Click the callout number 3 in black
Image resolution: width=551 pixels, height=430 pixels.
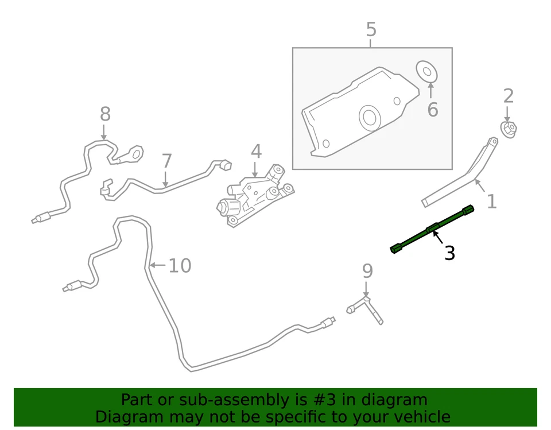coord(450,253)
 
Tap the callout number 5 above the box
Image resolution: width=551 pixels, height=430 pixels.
coord(371,29)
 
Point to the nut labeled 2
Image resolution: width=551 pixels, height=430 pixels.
coord(509,129)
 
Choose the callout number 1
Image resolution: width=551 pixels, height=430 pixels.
coord(491,201)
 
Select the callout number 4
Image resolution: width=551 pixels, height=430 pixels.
coord(256,152)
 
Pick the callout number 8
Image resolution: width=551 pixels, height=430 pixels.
coord(104,114)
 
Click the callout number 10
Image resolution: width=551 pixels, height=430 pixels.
coord(180,266)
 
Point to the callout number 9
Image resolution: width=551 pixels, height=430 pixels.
coord(367,271)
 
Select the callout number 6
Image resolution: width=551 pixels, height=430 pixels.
coord(432,109)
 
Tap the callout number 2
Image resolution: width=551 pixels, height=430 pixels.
coord(508,96)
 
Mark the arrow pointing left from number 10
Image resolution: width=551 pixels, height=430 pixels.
coord(158,265)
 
